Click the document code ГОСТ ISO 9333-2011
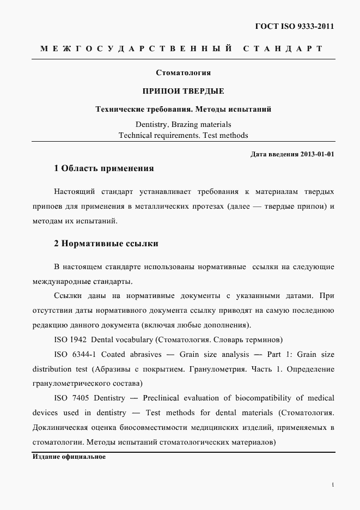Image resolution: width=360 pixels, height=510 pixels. [x=294, y=26]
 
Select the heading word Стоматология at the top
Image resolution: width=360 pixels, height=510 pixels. [x=183, y=72]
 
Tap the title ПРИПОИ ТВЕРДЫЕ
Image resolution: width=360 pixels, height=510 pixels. [x=183, y=90]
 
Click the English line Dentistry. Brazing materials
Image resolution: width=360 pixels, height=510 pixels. [x=183, y=124]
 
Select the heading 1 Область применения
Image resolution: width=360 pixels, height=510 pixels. [x=104, y=168]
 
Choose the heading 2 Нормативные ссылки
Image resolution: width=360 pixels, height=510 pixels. [x=106, y=244]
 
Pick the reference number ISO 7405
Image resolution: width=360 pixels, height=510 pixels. [x=70, y=398]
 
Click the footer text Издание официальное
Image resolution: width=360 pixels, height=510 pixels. [x=69, y=457]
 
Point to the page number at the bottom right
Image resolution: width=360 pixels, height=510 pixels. [x=332, y=484]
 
